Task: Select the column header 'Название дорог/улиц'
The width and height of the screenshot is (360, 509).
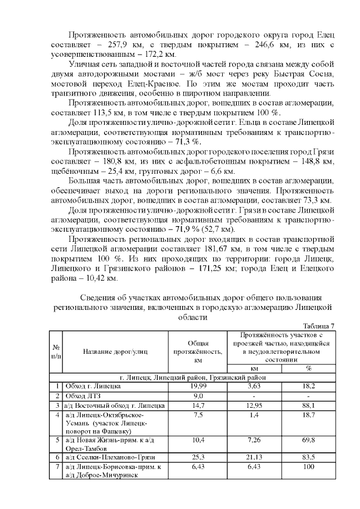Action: coord(115,352)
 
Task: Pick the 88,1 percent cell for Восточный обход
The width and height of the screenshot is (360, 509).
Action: coord(308,405)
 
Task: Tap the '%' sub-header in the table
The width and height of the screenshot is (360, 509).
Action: coord(308,368)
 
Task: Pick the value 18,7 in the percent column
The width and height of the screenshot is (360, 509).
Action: coord(308,415)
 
